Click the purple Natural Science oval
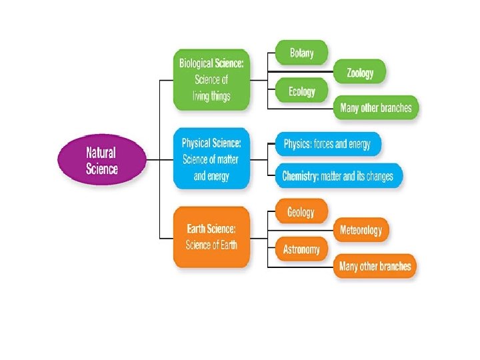click(101, 159)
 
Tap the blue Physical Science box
click(211, 159)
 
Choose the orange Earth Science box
click(211, 236)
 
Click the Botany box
click(301, 53)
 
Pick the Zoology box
click(360, 73)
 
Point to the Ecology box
click(301, 91)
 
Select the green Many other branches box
click(375, 107)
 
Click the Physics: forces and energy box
click(327, 143)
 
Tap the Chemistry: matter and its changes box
click(338, 177)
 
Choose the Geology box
click(301, 212)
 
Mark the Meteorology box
click(361, 230)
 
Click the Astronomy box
click(301, 249)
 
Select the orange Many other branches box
click(375, 267)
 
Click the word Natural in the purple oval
click(101, 152)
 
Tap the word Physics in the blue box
click(298, 143)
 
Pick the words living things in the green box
click(212, 97)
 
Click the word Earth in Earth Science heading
click(198, 229)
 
